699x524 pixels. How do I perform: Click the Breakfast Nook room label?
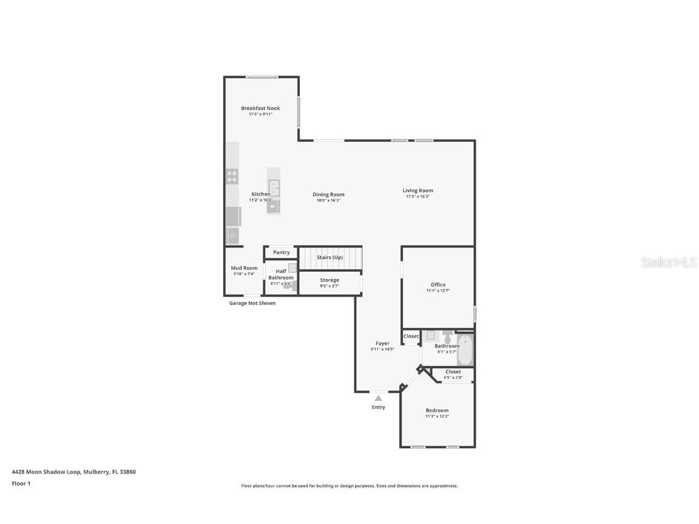[x=260, y=108]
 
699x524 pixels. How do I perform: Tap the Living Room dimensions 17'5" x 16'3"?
[x=417, y=196]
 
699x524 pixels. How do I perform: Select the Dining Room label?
[x=328, y=195]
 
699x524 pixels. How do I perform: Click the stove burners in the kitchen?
[x=232, y=176]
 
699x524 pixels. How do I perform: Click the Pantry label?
[x=281, y=252]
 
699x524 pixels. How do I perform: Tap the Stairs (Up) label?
[x=329, y=257]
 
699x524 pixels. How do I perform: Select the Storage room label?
[x=329, y=280]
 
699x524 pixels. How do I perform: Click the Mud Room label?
[x=244, y=268]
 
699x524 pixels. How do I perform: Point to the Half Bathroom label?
[x=281, y=275]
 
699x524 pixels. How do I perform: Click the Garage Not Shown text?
[x=252, y=303]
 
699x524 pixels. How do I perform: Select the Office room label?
[x=438, y=284]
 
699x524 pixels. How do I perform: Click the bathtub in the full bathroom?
[x=465, y=350]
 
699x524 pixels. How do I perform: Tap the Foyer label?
[x=382, y=343]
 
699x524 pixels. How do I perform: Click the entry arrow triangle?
[x=378, y=398]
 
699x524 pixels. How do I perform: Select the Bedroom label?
[x=437, y=410]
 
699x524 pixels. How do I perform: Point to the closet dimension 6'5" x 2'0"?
[x=453, y=377]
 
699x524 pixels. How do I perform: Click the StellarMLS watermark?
[x=669, y=262]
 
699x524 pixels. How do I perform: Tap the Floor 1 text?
[x=21, y=483]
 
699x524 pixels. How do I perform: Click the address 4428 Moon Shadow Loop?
[x=46, y=471]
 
